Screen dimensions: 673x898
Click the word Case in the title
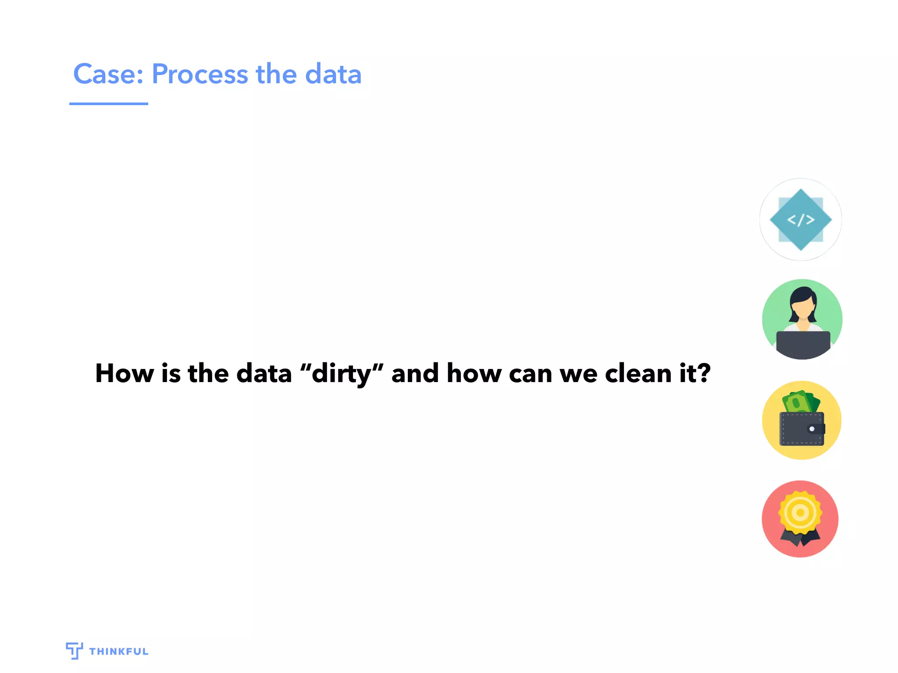pos(105,74)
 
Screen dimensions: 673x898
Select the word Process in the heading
pos(200,74)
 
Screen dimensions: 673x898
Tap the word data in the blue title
pos(333,74)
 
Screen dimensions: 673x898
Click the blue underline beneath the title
pos(109,104)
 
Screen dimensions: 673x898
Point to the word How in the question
pos(125,374)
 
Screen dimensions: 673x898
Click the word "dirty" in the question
pos(342,374)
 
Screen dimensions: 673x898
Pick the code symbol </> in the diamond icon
pos(801,220)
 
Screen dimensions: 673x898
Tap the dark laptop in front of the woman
pos(803,344)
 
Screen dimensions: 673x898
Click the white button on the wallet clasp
pos(812,429)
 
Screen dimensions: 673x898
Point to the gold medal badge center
pos(800,512)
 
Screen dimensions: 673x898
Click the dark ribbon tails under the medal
pos(800,538)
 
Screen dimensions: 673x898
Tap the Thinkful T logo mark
pos(74,651)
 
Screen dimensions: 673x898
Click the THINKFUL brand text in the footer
pos(119,652)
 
